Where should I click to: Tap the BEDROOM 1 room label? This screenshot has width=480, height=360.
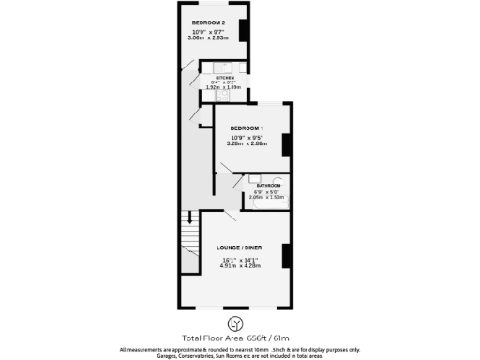coord(246,127)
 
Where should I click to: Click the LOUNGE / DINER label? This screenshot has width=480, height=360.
coord(240,247)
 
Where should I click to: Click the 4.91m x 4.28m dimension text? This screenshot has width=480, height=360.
coord(239,266)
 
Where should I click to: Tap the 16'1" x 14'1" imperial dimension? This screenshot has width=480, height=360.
coord(239,260)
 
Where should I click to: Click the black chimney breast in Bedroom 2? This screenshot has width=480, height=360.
coord(244,30)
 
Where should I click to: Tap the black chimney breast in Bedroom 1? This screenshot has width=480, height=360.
coord(287,144)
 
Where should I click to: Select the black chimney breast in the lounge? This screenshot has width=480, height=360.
coord(287,256)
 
